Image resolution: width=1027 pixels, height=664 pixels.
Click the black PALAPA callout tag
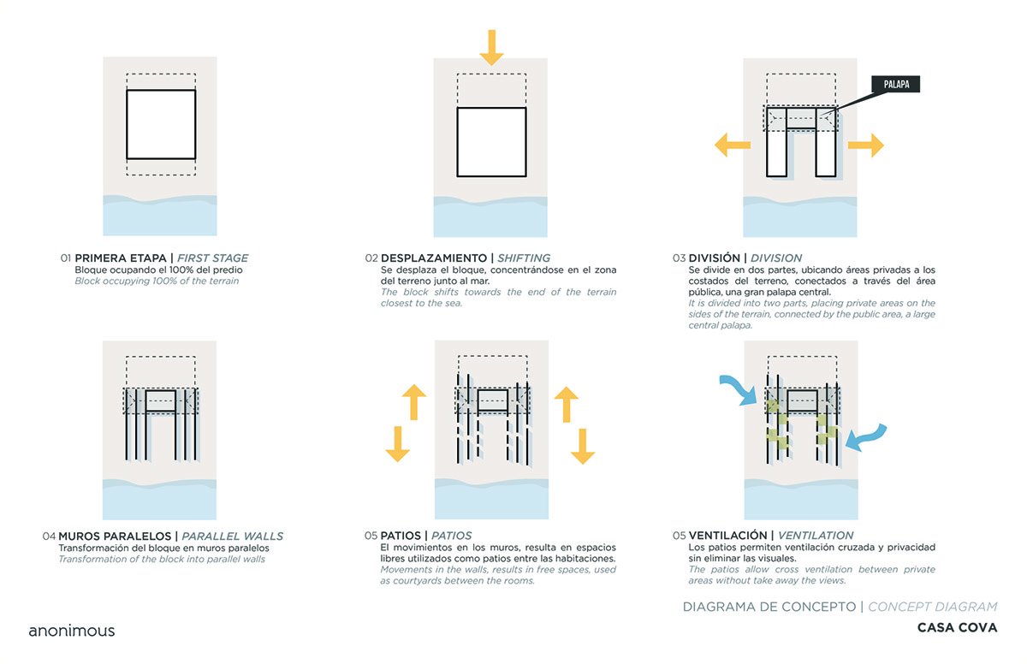coord(896,84)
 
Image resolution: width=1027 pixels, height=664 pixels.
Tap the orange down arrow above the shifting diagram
coord(491,46)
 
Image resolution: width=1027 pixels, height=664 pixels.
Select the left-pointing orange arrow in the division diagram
coord(732,145)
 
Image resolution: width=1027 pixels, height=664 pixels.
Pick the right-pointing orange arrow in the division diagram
coord(865,145)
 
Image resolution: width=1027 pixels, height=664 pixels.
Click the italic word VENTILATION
coord(816,536)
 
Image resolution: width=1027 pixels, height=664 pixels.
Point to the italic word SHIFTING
coord(524,258)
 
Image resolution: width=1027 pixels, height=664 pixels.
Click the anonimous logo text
coord(72,631)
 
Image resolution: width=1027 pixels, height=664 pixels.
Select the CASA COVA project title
coord(957,627)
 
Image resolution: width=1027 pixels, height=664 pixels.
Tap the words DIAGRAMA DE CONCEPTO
coord(769,607)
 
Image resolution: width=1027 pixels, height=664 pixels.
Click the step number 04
coord(49,537)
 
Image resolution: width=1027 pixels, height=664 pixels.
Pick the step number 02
coord(371,258)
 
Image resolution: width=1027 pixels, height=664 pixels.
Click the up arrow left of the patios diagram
coord(414,401)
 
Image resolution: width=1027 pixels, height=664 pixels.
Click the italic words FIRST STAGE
coord(213,258)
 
